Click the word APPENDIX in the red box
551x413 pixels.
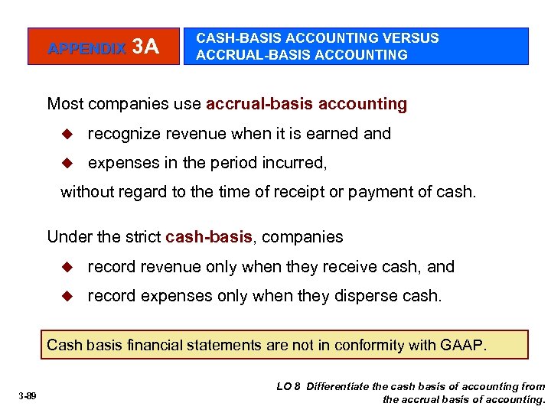click(x=86, y=48)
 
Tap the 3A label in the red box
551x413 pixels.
click(x=145, y=47)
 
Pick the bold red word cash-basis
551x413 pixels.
click(x=209, y=237)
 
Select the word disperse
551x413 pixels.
click(x=371, y=295)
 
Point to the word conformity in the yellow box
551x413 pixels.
click(x=367, y=345)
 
